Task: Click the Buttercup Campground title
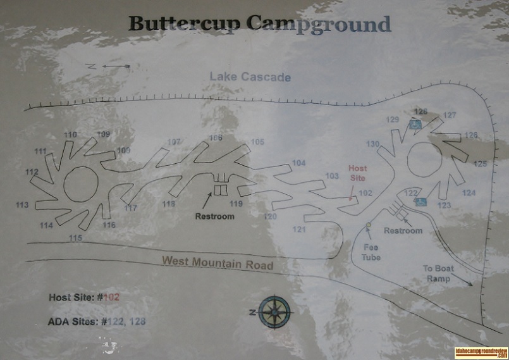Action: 259,24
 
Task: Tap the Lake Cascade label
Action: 250,77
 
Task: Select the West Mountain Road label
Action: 217,261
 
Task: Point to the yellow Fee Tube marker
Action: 369,225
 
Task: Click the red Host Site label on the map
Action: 358,173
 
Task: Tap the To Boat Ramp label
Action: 438,273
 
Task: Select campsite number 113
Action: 22,205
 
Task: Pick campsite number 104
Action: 299,163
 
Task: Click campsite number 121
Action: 299,229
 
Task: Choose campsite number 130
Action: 372,144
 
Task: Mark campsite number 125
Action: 481,164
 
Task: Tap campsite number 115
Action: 76,238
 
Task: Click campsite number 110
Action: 70,135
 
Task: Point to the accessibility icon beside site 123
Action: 420,202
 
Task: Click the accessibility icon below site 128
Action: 416,125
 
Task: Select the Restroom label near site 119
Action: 214,216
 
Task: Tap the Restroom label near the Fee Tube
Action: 403,231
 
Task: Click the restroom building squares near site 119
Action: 221,190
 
